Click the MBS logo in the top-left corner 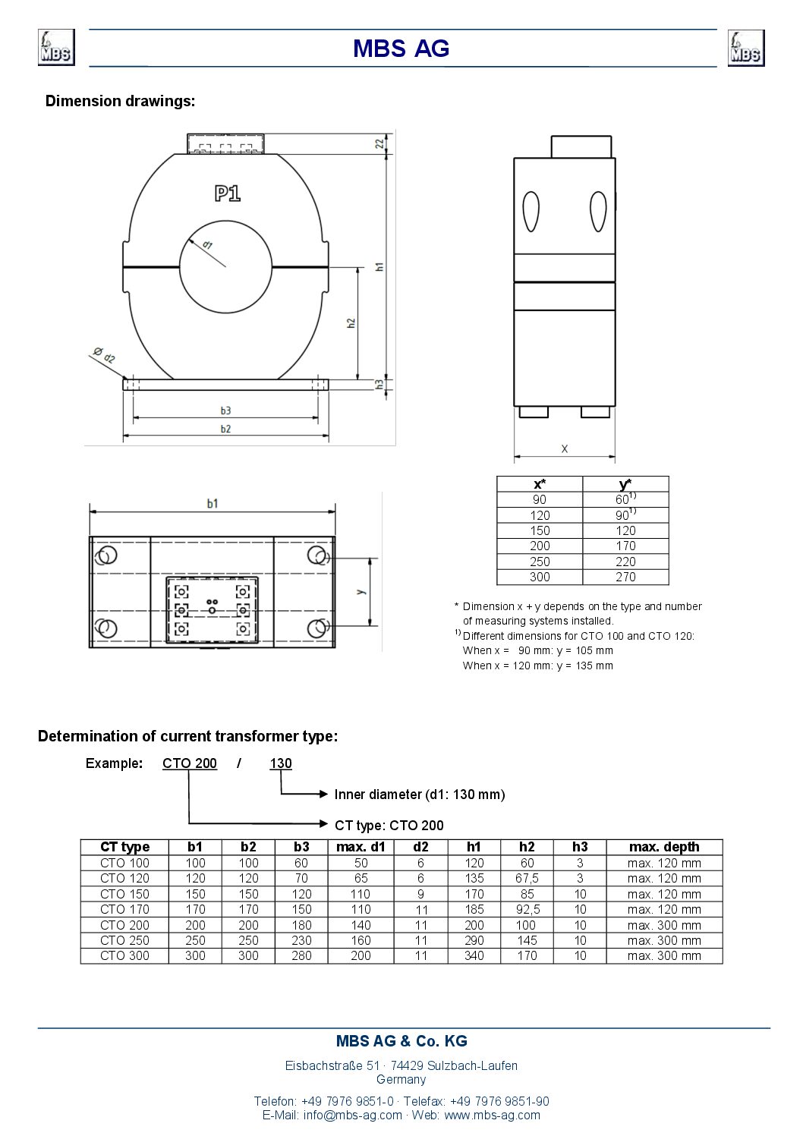point(56,48)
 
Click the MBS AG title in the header point(401,49)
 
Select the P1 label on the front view point(227,194)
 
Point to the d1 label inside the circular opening point(207,245)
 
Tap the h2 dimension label point(351,323)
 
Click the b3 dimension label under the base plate point(225,411)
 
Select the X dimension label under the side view point(565,449)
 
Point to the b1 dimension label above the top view point(213,503)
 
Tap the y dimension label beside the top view point(361,591)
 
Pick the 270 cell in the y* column point(625,577)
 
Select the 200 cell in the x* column point(540,546)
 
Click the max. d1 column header point(361,847)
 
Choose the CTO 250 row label point(124,940)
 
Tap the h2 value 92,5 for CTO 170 point(527,909)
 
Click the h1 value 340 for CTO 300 point(474,955)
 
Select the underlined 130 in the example point(281,763)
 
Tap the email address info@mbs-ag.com point(352,1115)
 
